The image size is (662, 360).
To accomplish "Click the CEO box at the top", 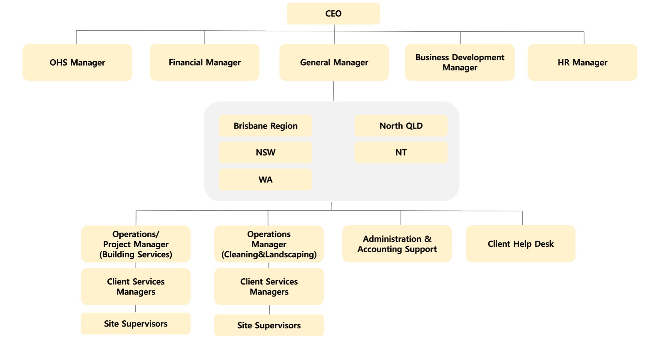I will [333, 13].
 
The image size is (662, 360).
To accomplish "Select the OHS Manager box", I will [77, 62].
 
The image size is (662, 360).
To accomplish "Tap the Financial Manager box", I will [204, 62].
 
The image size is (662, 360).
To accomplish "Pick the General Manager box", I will [334, 62].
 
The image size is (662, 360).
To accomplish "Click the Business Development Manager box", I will [460, 62].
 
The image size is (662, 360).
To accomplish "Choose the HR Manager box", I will [582, 62].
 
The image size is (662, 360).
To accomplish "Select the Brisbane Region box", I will [265, 126].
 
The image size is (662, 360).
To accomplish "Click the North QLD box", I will [401, 126].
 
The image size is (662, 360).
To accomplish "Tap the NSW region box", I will [265, 152].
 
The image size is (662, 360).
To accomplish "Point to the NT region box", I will [401, 152].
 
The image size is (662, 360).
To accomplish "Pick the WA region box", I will [265, 180].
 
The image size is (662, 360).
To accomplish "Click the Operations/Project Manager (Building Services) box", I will [136, 244].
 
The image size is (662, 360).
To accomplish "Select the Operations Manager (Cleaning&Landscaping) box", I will [269, 244].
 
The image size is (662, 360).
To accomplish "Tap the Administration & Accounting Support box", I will [397, 244].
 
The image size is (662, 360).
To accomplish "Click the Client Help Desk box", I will [520, 244].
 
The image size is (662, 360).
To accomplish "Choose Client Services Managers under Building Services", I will [136, 287].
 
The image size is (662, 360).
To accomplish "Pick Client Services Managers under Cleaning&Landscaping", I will [269, 287].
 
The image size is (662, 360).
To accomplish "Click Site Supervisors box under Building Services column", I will [136, 324].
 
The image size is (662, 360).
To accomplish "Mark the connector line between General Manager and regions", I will [333, 91].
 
